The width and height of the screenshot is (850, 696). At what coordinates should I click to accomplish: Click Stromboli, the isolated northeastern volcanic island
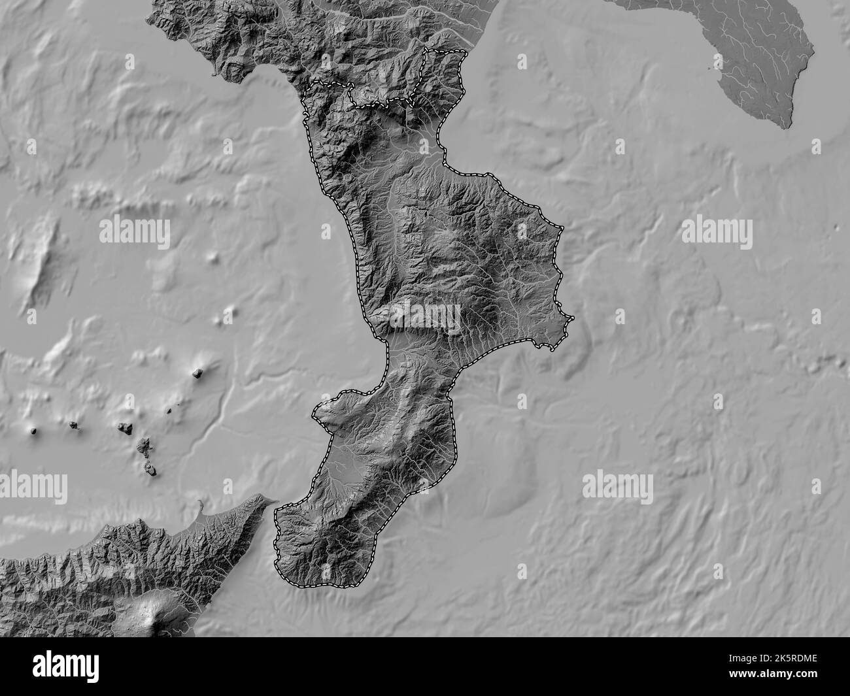tap(197, 373)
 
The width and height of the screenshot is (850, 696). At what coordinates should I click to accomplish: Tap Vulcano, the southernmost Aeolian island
tap(151, 468)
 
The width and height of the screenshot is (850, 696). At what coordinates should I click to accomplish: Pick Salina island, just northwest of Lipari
tap(124, 427)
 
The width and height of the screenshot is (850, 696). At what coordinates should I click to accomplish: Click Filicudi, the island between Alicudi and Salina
tap(74, 425)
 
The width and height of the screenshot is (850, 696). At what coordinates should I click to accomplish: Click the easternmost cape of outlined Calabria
tap(571, 319)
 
